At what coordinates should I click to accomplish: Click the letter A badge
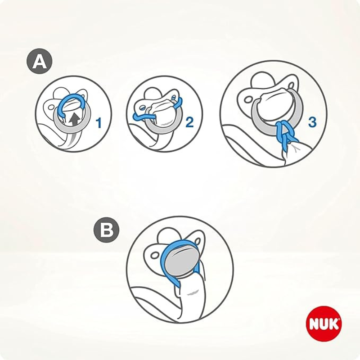click(40, 62)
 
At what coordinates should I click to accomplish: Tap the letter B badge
click(107, 231)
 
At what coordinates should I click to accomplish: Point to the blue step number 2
click(189, 122)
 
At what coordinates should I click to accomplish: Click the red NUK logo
click(324, 324)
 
